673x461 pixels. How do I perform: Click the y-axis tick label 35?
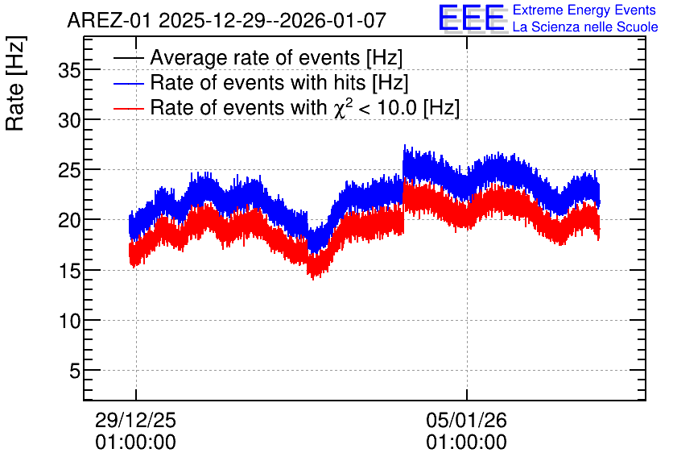(69, 70)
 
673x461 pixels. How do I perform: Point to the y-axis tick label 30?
(69, 121)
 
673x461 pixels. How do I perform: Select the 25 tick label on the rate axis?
(69, 171)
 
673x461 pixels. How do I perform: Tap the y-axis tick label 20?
(69, 221)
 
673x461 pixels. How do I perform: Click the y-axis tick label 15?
(69, 271)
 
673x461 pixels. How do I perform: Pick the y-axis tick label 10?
(69, 321)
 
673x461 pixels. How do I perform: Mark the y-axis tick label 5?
(75, 371)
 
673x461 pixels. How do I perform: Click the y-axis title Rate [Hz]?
(15, 83)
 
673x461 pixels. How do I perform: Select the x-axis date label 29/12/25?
(135, 420)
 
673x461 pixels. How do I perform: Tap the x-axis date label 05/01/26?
(467, 420)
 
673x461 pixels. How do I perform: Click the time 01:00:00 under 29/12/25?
(135, 442)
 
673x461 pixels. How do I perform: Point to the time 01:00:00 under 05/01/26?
(467, 442)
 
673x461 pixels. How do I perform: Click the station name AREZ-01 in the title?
(109, 20)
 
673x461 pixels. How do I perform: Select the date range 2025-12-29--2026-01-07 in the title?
(273, 20)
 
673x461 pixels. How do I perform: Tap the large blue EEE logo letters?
(472, 18)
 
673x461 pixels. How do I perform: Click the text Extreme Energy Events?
(584, 10)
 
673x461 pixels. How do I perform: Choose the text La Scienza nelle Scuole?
(585, 27)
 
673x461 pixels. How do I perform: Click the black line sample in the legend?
(128, 57)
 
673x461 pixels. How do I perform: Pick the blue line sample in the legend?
(128, 83)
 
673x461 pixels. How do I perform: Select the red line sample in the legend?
(128, 108)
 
